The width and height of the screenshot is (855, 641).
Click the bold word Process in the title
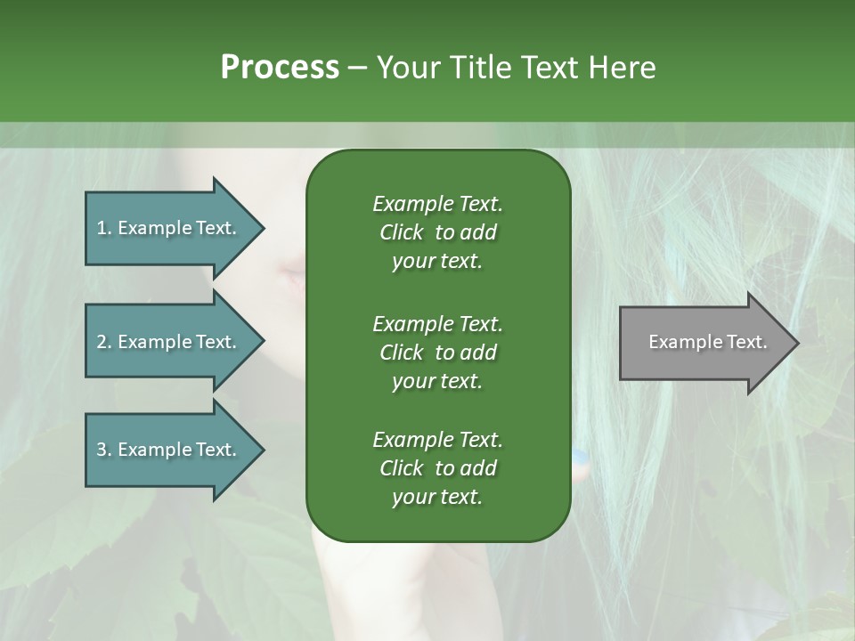coord(280,68)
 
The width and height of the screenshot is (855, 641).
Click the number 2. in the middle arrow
coord(103,342)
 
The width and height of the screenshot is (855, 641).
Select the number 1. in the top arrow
coord(103,228)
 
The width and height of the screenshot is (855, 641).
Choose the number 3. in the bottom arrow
coord(103,450)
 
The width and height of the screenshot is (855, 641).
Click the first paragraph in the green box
coord(437,232)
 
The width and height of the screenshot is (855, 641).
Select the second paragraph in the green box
coord(437,352)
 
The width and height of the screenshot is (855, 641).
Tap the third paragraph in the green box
coord(437,468)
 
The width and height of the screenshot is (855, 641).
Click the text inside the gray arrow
coord(708,342)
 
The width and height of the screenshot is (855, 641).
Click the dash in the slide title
coord(357,69)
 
